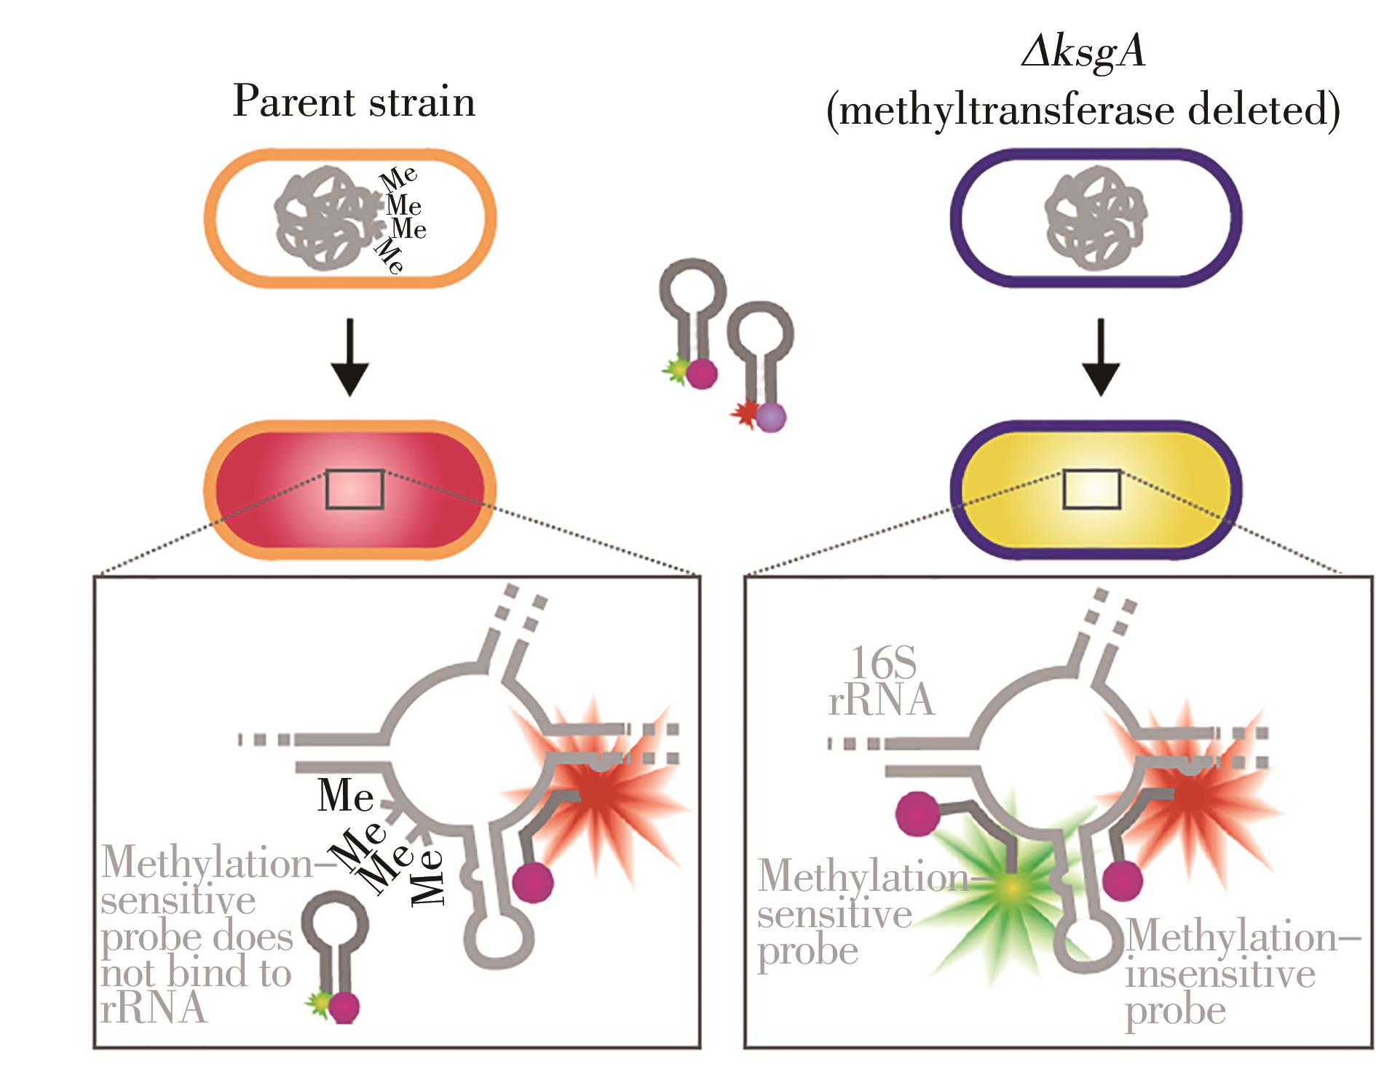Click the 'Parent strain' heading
coord(354,102)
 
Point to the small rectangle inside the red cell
coord(355,489)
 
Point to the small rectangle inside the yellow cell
coord(1091,489)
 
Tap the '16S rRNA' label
coord(881,682)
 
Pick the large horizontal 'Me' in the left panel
coord(345,795)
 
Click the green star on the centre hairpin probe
coord(676,371)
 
